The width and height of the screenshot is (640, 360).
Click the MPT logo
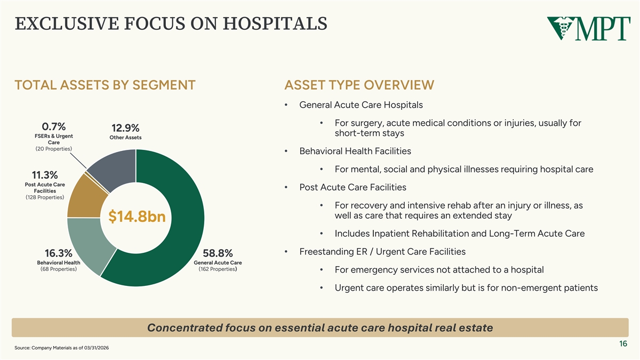(x=589, y=28)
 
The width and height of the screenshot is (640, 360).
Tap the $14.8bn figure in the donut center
(x=137, y=217)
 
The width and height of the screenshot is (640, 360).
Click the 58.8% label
(x=218, y=253)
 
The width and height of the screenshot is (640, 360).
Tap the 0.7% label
(x=54, y=126)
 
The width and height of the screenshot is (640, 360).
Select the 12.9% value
(x=125, y=127)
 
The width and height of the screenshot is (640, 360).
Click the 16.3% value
(x=59, y=253)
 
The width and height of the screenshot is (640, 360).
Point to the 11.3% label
(x=45, y=175)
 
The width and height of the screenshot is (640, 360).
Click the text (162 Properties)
(x=218, y=269)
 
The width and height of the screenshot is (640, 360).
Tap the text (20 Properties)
(x=54, y=149)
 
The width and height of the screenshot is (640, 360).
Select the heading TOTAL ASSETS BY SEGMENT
(x=105, y=85)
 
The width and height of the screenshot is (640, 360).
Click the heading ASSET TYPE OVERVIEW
(x=359, y=85)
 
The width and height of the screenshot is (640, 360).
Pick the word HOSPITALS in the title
(x=275, y=23)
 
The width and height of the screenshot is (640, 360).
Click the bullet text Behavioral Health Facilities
(x=355, y=151)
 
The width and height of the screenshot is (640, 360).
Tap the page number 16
(x=623, y=343)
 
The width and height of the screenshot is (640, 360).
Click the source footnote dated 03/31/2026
(x=62, y=348)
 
